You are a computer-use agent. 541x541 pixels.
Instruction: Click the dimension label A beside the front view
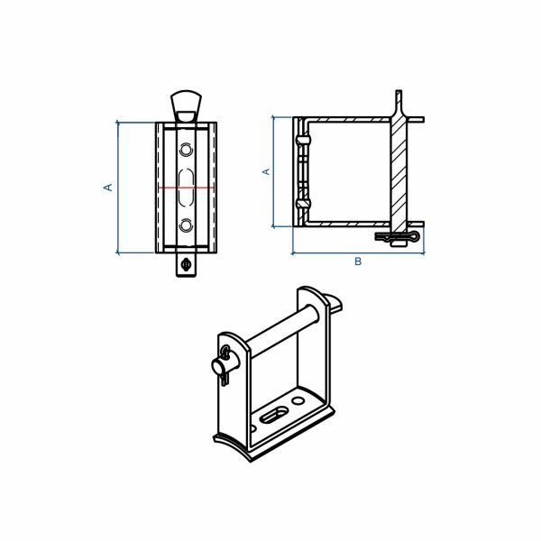coord(108,188)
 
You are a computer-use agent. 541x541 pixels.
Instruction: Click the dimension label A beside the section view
coord(266,171)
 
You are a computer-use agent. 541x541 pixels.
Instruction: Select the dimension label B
coord(358,261)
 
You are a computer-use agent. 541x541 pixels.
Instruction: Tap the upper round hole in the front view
coord(186,150)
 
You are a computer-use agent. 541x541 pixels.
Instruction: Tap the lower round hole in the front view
coord(186,225)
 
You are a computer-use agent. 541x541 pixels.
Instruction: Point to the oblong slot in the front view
coord(186,188)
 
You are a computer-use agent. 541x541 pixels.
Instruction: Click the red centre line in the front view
coord(186,188)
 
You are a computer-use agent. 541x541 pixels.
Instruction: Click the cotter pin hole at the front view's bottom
coord(187,264)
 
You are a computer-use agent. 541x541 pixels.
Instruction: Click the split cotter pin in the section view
coord(398,237)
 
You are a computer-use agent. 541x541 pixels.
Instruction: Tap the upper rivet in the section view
coord(303,140)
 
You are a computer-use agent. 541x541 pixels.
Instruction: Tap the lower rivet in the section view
coord(303,203)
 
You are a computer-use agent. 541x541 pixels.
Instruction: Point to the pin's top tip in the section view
coord(399,91)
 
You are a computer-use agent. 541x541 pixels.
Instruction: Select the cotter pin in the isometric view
coord(225,364)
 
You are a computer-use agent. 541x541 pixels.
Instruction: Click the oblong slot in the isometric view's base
coord(274,415)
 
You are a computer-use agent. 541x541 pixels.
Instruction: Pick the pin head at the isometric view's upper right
coord(333,302)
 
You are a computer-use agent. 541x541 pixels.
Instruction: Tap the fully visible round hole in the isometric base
coord(298,400)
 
